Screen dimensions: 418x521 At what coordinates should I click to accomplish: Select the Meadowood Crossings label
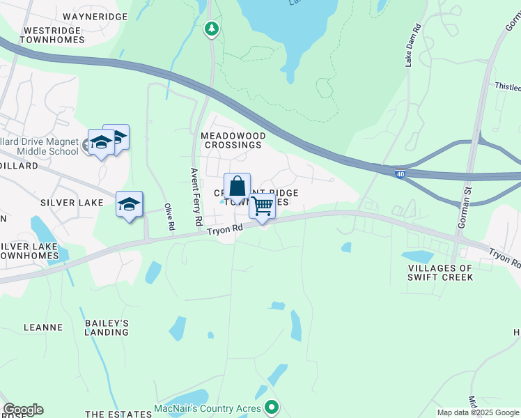tap(231, 140)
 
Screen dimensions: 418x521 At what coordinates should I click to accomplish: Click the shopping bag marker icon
tap(237, 187)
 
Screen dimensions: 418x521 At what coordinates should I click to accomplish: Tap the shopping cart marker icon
tap(262, 206)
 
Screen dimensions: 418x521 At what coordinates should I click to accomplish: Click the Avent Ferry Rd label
tap(197, 196)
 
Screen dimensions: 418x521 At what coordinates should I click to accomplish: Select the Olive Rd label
tap(168, 217)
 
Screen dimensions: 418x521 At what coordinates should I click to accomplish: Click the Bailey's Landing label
tap(107, 327)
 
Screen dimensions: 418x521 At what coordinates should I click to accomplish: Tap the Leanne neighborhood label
tap(43, 327)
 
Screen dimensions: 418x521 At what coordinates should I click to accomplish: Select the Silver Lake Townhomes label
tap(39, 251)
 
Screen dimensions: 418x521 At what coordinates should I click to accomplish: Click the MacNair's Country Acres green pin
tap(272, 408)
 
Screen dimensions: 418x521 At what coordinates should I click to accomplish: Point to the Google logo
tap(23, 409)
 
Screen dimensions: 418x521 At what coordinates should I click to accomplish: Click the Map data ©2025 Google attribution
tap(478, 412)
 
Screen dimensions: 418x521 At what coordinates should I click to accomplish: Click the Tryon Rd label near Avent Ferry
tap(224, 229)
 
